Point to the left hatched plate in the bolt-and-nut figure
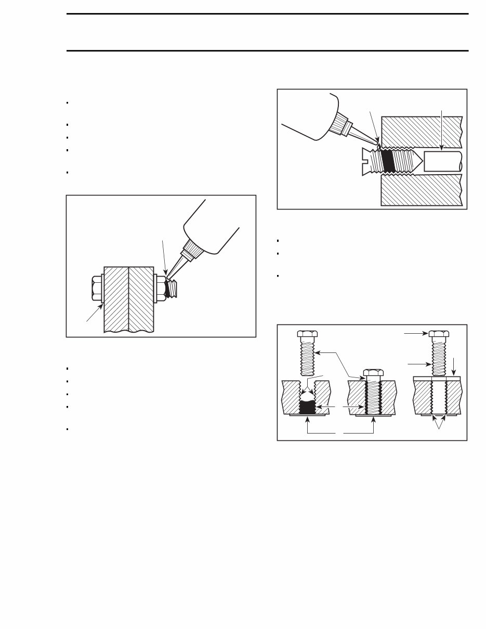click(116, 299)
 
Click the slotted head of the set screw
click(370, 160)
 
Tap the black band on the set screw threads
click(388, 160)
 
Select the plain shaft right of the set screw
click(442, 161)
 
